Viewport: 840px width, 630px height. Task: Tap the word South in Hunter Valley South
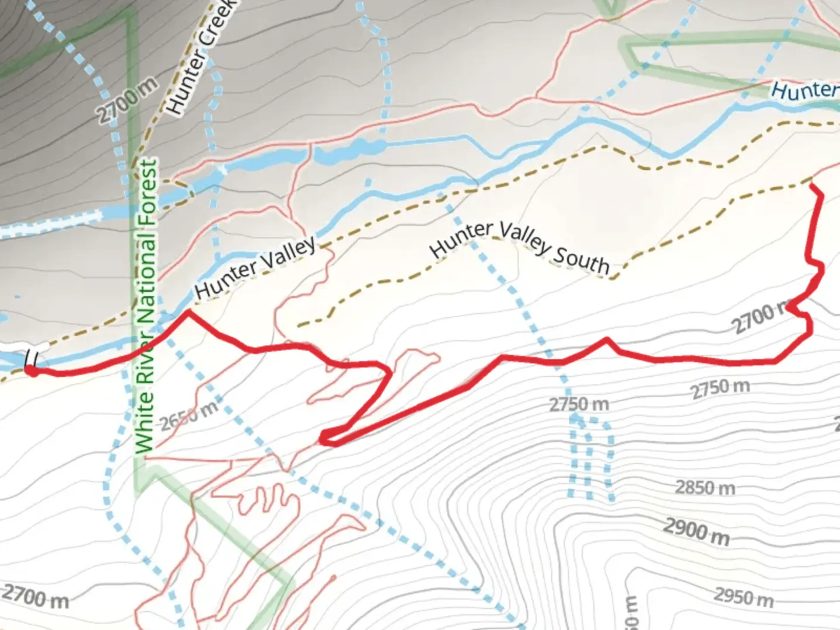click(580, 260)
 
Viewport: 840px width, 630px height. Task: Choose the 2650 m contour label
click(189, 415)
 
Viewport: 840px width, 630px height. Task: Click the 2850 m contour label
click(705, 487)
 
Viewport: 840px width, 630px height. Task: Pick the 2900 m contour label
click(696, 532)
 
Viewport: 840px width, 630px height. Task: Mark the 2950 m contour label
click(744, 596)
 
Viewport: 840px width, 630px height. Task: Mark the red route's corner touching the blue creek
click(187, 313)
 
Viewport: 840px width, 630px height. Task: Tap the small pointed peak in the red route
click(607, 339)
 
